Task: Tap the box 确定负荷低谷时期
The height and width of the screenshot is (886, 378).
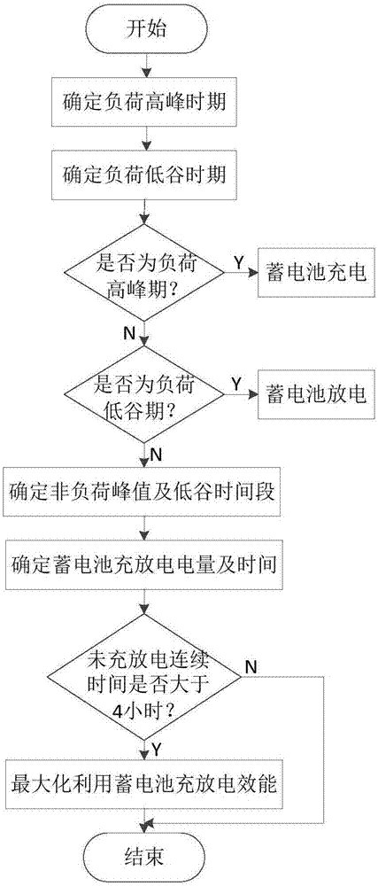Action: (x=146, y=175)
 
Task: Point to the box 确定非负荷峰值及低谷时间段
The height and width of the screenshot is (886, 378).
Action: (x=146, y=489)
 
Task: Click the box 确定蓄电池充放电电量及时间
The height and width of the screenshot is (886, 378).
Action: (x=146, y=563)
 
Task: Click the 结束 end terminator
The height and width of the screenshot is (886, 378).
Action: (x=146, y=858)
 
